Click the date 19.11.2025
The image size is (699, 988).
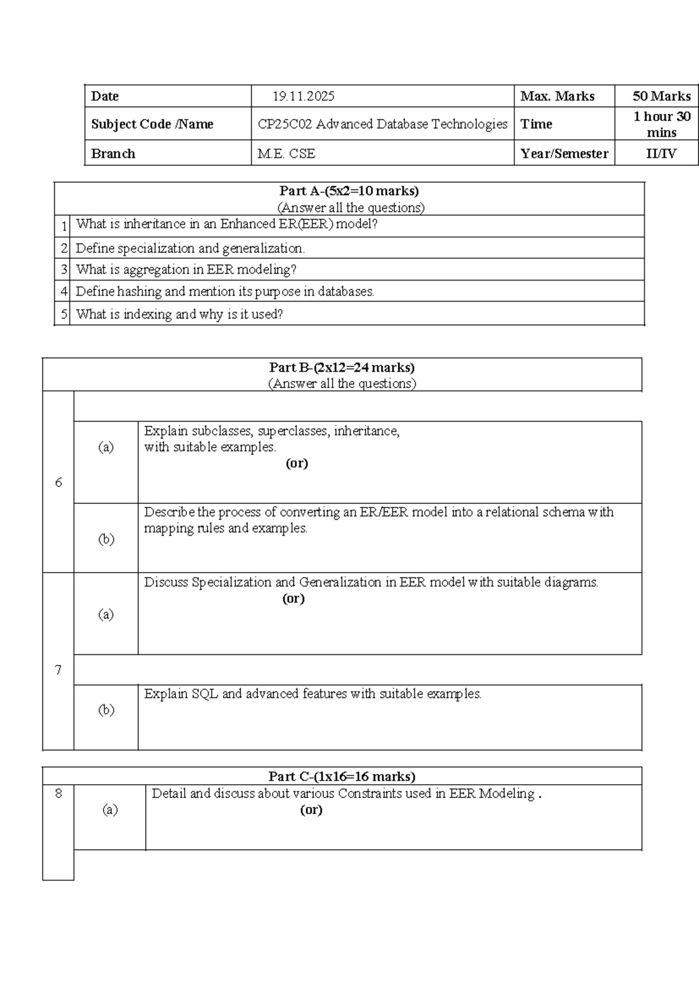coord(303,96)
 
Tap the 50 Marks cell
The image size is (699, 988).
coord(661,96)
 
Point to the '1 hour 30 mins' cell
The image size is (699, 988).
coord(661,124)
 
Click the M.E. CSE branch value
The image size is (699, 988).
coord(286,154)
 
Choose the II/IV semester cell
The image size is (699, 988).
coord(661,154)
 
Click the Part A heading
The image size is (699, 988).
coord(349,191)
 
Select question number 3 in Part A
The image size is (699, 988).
coord(64,270)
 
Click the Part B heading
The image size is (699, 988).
coord(342,368)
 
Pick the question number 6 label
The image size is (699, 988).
coord(58,482)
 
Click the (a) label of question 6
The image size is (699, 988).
coord(105,447)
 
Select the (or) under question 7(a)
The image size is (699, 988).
coord(293,598)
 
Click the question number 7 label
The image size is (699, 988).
coord(58,670)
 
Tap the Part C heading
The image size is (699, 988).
coord(342,777)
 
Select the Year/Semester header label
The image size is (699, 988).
coord(564,154)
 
